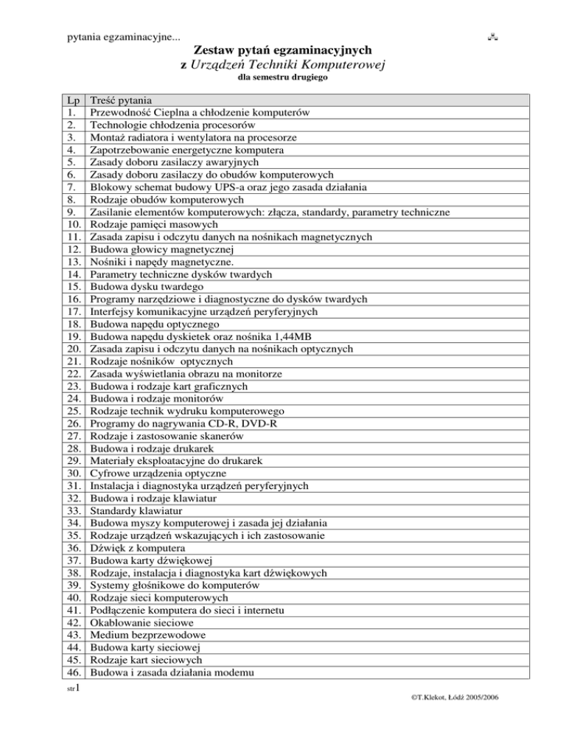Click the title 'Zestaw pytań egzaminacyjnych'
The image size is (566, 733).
point(282,50)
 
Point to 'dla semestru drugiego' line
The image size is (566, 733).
point(282,77)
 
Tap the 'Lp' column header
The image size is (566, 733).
point(72,100)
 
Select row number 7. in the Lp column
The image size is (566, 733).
point(71,187)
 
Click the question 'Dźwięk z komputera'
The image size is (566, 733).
point(137,548)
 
